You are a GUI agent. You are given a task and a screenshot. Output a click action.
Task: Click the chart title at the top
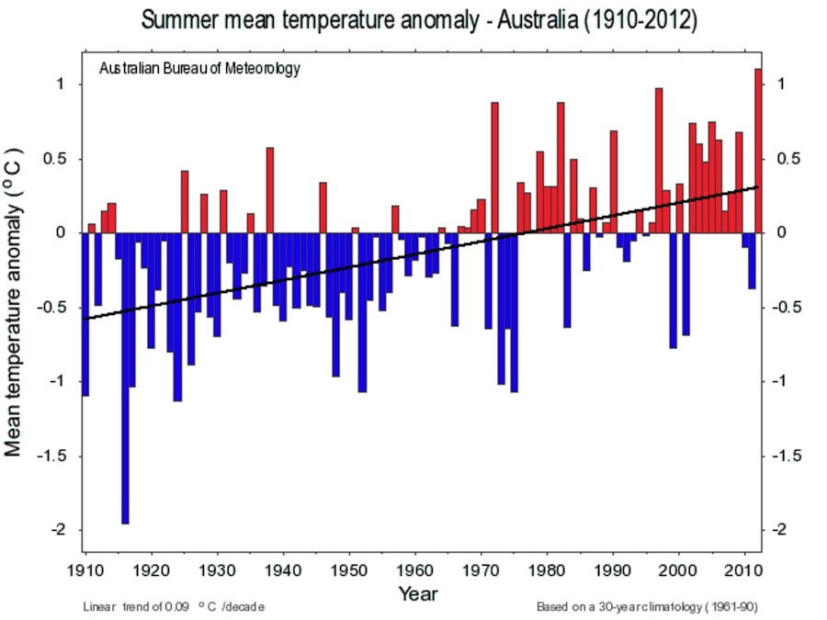(419, 20)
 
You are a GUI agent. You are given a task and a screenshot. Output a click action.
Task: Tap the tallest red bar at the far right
(758, 151)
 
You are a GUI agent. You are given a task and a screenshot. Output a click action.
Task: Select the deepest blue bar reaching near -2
(125, 378)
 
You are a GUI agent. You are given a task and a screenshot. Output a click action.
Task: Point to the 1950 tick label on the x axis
(349, 570)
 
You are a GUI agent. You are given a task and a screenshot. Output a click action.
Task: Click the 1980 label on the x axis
(547, 570)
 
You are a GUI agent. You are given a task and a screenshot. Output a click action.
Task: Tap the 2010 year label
(744, 570)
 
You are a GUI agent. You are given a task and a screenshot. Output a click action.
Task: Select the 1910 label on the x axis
(85, 570)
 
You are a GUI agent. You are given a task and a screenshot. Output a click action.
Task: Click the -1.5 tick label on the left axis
(51, 456)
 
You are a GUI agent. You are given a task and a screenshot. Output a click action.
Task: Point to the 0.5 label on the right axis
(788, 159)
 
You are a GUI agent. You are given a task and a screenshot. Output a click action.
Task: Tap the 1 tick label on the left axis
(61, 84)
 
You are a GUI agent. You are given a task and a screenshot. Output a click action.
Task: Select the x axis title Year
(418, 593)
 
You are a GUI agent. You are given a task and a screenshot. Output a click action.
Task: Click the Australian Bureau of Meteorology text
(199, 69)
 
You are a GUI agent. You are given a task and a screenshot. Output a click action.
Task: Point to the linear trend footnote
(174, 607)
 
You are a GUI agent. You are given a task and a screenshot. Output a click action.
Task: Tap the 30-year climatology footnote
(647, 607)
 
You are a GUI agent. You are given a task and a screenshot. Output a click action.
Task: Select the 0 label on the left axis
(60, 232)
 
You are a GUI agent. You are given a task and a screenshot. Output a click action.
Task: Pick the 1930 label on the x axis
(217, 570)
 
